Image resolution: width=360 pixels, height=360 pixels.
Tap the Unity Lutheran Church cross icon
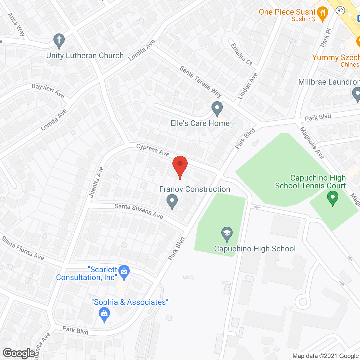59,40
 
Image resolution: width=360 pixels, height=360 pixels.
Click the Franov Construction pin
172,202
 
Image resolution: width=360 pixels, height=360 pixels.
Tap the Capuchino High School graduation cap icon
227,234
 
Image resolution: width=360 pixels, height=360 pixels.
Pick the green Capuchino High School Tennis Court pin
332,198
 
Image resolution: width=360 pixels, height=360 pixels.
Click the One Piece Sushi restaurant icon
322,14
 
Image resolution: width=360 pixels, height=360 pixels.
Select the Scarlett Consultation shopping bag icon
124,272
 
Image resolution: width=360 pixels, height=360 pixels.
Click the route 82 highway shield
340,10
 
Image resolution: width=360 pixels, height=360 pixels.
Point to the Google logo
19,353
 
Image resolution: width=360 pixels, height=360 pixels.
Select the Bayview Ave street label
48,91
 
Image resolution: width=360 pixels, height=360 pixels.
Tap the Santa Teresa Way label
201,81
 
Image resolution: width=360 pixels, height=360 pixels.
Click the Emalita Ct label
241,54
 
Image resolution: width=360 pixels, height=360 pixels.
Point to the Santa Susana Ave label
139,211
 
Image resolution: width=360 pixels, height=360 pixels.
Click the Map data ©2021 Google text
326,356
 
